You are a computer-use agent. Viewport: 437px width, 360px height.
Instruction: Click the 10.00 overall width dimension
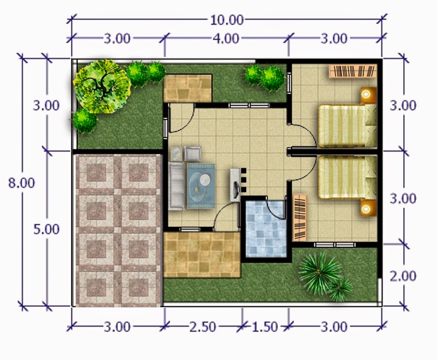pos(227,20)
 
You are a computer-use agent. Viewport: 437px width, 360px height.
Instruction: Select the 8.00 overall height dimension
pos(21,183)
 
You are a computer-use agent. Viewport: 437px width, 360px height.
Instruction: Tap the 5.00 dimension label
pos(46,230)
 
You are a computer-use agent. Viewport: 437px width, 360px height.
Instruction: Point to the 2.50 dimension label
pos(203,327)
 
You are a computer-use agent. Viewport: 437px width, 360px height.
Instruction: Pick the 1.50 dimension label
pos(265,327)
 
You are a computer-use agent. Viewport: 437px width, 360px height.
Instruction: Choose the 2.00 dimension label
pos(403,275)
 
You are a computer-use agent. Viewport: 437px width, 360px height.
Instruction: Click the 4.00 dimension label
pos(226,39)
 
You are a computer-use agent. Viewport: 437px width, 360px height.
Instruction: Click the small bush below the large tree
pos(85,121)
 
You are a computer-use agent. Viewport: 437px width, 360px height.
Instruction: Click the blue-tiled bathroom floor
pos(265,229)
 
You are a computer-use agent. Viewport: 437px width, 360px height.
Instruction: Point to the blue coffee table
pos(201,184)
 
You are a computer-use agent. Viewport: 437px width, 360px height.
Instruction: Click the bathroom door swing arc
pos(277,209)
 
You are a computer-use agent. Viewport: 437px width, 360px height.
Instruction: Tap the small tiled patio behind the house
pos(187,88)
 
